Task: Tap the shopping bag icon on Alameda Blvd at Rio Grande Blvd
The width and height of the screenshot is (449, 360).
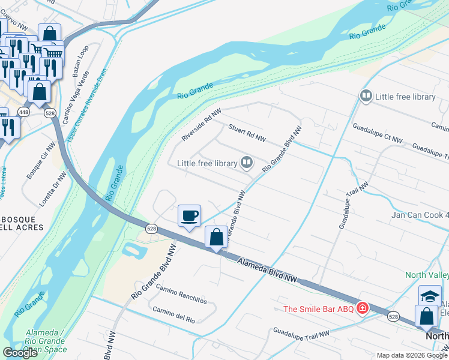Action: pos(216,237)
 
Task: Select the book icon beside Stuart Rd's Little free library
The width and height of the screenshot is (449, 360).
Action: pos(246,162)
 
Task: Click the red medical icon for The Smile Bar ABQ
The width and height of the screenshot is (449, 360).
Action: pos(361,309)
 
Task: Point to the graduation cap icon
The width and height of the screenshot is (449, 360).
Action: pos(430,295)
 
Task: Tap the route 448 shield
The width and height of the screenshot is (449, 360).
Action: pos(23,112)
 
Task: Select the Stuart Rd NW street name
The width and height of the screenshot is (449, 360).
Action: pos(247,134)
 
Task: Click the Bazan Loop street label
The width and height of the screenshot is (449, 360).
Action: pos(80,61)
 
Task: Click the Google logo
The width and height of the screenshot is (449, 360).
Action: pos(20,353)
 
